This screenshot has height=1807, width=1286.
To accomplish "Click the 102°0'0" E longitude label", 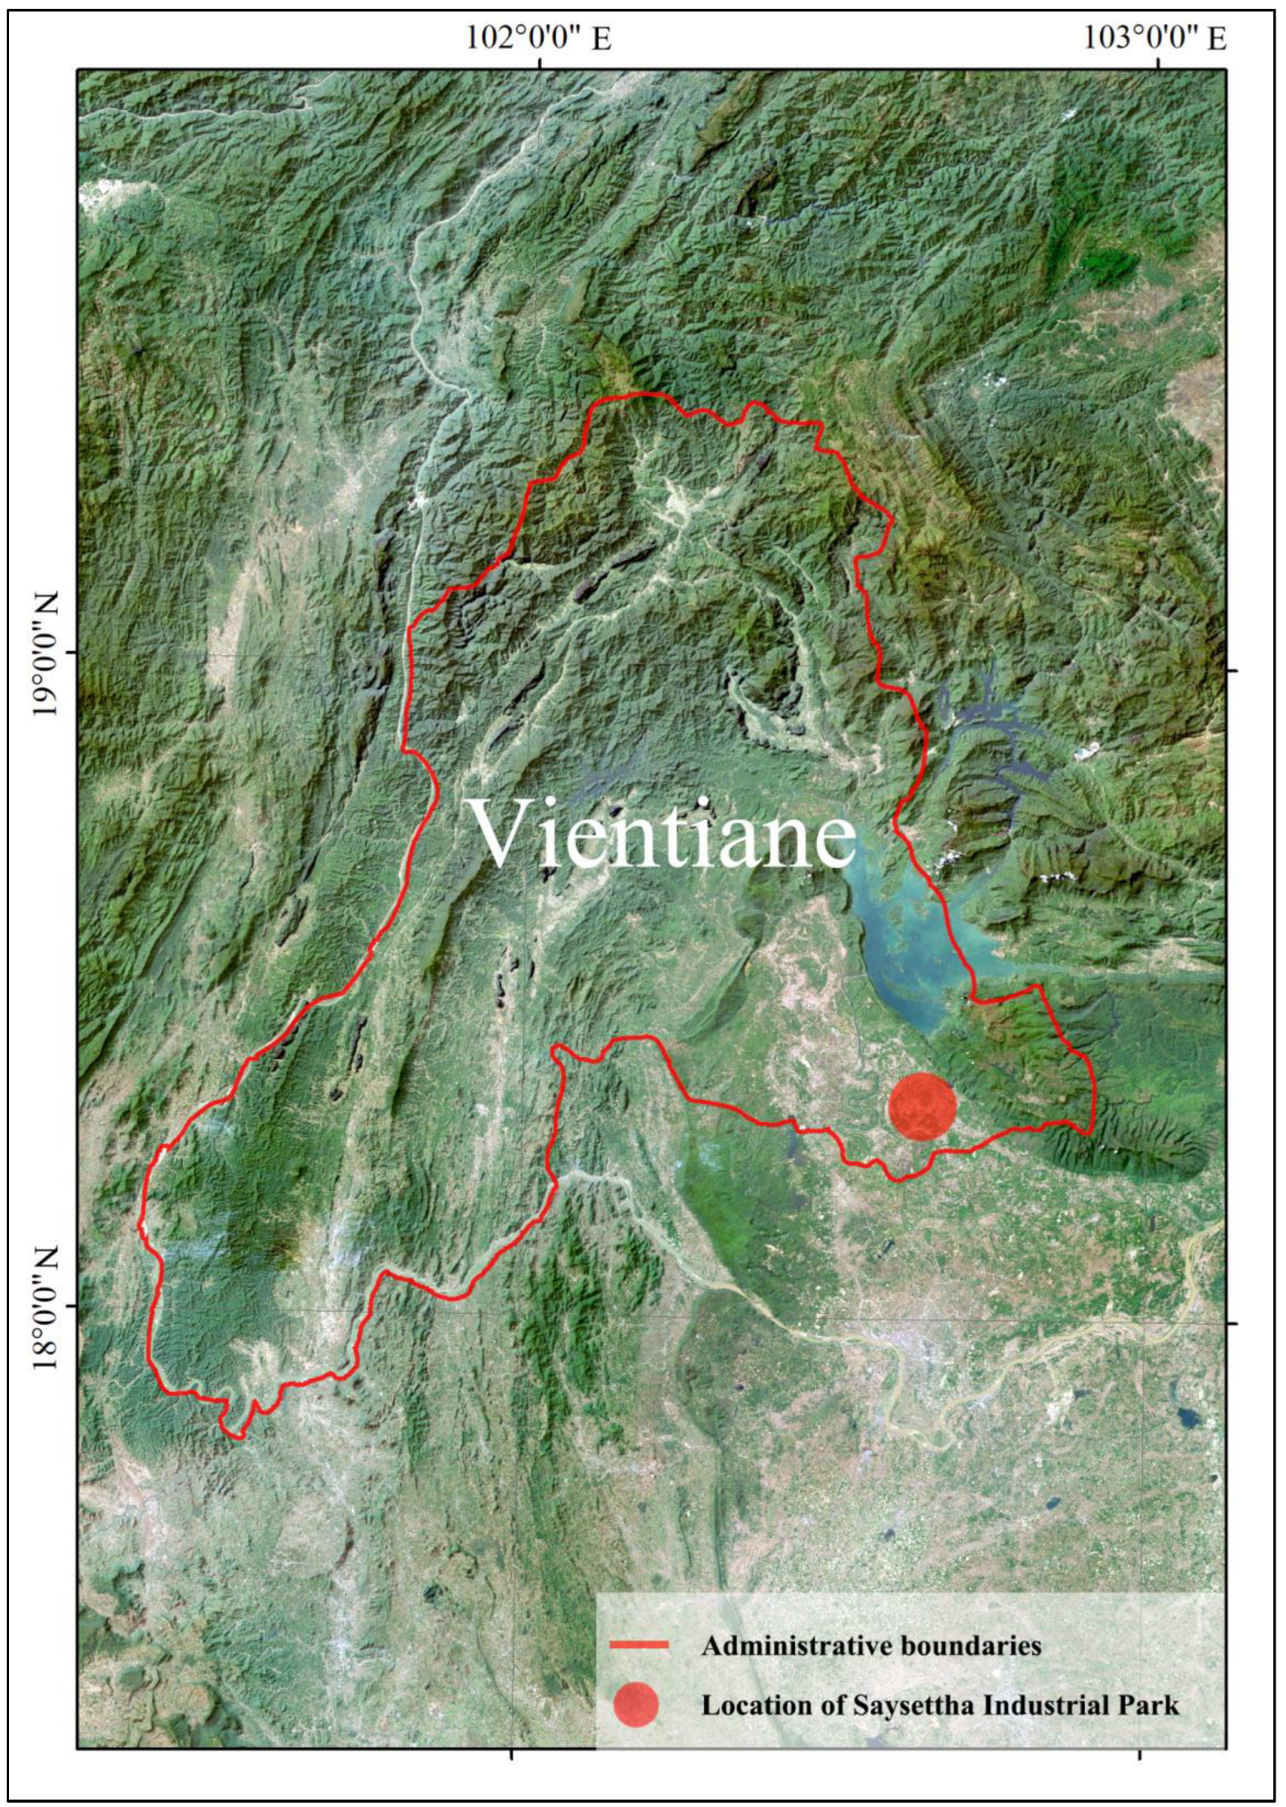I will point(538,37).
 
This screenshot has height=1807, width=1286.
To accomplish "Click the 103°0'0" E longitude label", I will point(1155,37).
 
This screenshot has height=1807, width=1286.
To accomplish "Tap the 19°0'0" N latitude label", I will point(45,653).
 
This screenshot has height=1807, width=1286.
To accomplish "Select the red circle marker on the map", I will point(922,1106).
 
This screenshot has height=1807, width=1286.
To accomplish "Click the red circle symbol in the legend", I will point(635,1705).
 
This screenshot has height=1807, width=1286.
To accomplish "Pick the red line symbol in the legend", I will point(639,1646).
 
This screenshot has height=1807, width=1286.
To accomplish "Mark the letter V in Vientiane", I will point(501,833).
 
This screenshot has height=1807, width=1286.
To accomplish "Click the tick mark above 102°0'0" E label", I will point(539,63).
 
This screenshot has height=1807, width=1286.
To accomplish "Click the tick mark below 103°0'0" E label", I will point(1159,63).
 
